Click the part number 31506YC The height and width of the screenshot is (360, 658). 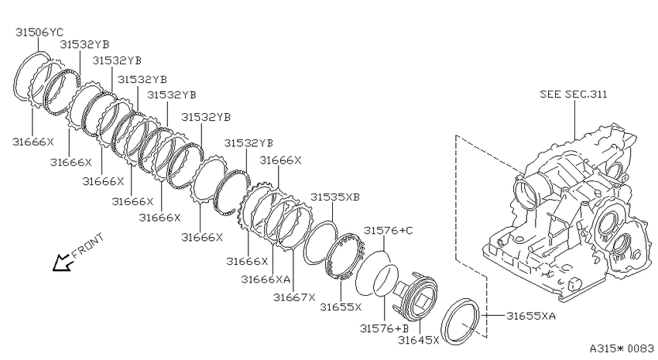click(x=39, y=32)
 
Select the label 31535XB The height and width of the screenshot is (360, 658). click(x=335, y=197)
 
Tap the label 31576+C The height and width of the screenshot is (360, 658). click(x=388, y=230)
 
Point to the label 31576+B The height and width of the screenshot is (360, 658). click(x=385, y=328)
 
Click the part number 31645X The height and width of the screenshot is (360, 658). click(x=418, y=339)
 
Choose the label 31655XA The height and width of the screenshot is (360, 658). click(x=531, y=316)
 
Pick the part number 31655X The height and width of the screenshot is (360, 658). click(x=341, y=307)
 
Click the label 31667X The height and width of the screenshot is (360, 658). click(x=293, y=297)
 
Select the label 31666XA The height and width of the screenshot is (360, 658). click(x=266, y=279)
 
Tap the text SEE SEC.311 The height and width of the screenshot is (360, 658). click(x=573, y=94)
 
